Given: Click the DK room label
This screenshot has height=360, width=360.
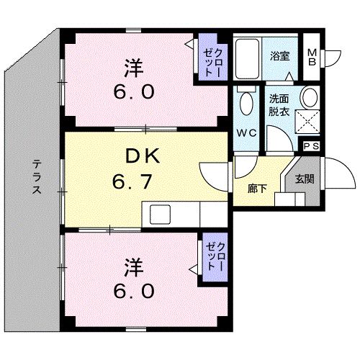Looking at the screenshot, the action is [143, 156].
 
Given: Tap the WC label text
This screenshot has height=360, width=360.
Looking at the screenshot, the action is [246, 133].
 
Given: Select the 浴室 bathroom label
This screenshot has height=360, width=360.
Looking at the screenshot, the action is [280, 56].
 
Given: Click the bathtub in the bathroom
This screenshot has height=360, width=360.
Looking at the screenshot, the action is [247, 59].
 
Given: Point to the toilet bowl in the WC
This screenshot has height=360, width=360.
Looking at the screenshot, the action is [246, 104].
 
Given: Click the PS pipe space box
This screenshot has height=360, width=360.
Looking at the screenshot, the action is [311, 146].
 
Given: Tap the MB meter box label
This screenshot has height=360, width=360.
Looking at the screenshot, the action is [312, 57].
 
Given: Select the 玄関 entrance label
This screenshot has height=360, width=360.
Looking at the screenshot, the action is [305, 179].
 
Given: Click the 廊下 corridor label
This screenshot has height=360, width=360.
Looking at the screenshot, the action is [257, 189].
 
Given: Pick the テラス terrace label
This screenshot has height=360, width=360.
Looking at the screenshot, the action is [37, 176].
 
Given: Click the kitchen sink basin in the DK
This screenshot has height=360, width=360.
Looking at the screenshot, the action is [161, 214].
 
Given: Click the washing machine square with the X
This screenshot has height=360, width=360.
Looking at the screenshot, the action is [307, 122].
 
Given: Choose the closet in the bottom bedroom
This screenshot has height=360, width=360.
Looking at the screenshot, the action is [215, 257].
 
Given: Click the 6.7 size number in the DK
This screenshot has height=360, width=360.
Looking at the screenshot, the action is [132, 181].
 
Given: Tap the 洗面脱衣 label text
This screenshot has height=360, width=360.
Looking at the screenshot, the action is [279, 105].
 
